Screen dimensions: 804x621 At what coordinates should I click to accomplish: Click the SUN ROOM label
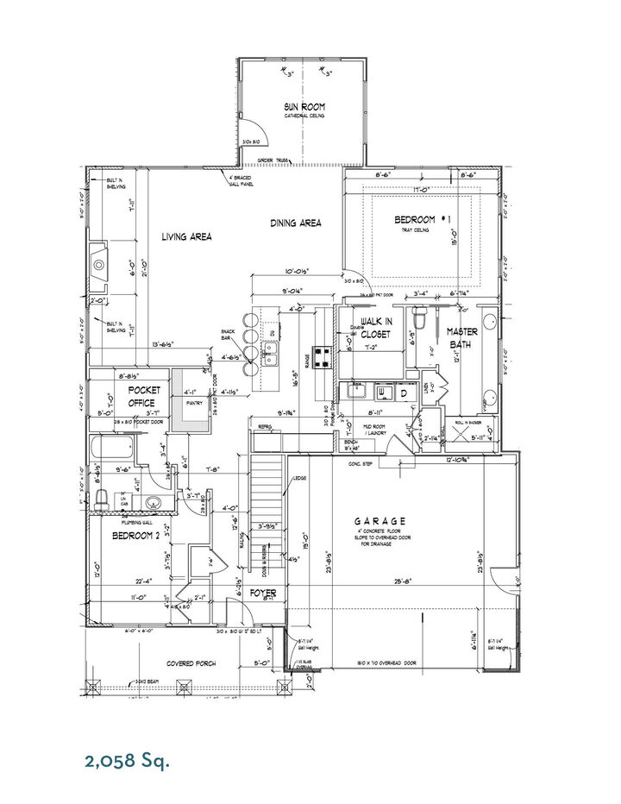[x=304, y=108]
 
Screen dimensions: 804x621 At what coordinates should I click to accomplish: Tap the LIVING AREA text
[x=187, y=236]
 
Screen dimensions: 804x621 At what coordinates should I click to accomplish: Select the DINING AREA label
[x=296, y=223]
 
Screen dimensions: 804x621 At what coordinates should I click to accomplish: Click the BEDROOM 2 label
[x=135, y=535]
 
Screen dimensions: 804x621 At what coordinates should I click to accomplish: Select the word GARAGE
[x=380, y=521]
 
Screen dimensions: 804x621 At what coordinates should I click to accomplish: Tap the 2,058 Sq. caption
[x=127, y=760]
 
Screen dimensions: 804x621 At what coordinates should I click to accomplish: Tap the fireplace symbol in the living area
[x=100, y=265]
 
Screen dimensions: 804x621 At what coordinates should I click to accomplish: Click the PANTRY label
[x=192, y=402]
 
